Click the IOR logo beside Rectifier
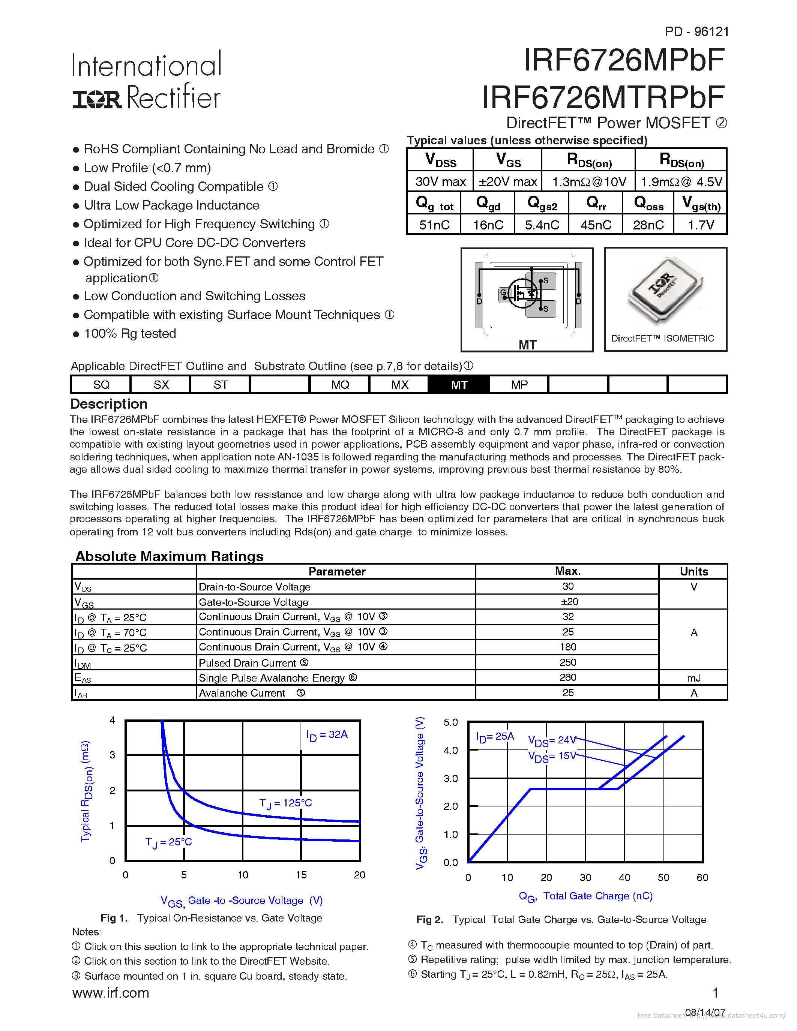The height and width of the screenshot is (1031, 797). pyautogui.click(x=97, y=99)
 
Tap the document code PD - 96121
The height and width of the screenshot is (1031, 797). pyautogui.click(x=696, y=31)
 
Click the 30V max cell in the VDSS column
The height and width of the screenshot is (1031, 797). pyautogui.click(x=440, y=182)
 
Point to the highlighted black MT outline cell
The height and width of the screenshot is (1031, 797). pyautogui.click(x=459, y=385)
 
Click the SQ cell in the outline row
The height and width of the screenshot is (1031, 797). pyautogui.click(x=101, y=385)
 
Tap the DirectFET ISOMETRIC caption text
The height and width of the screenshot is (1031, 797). pyautogui.click(x=662, y=339)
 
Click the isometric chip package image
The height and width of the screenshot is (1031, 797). pyautogui.click(x=665, y=290)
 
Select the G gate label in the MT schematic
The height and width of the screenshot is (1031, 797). pyautogui.click(x=503, y=293)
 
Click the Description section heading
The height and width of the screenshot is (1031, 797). pyautogui.click(x=109, y=404)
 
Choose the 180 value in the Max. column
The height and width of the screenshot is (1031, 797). pyautogui.click(x=567, y=647)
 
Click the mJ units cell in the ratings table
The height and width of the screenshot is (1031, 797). pyautogui.click(x=693, y=678)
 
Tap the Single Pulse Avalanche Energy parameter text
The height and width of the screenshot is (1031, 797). pyautogui.click(x=272, y=678)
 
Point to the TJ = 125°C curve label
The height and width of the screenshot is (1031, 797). pyautogui.click(x=286, y=803)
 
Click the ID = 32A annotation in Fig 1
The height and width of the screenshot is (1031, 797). pyautogui.click(x=327, y=734)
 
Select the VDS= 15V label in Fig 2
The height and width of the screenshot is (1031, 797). pyautogui.click(x=551, y=756)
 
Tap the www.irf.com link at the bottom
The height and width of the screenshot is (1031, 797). pyautogui.click(x=111, y=993)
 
